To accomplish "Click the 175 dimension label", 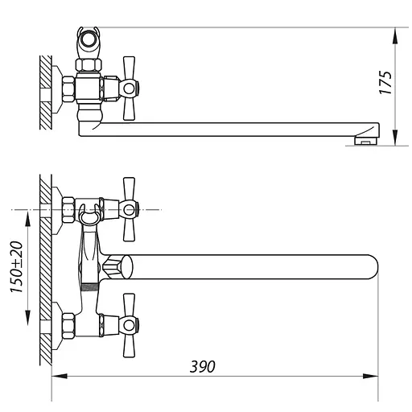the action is coord(385,82).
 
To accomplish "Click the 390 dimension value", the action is coord(203,366).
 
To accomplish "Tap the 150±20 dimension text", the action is coord(17,267).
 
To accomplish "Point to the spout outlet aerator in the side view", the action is coord(365,141).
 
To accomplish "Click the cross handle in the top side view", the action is coord(129,89).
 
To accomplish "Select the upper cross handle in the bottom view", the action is coord(129,209).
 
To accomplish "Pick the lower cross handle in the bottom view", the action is coord(129,325).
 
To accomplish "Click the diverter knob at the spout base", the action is coord(118,267).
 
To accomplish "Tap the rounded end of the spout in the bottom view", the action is coord(373,267).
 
